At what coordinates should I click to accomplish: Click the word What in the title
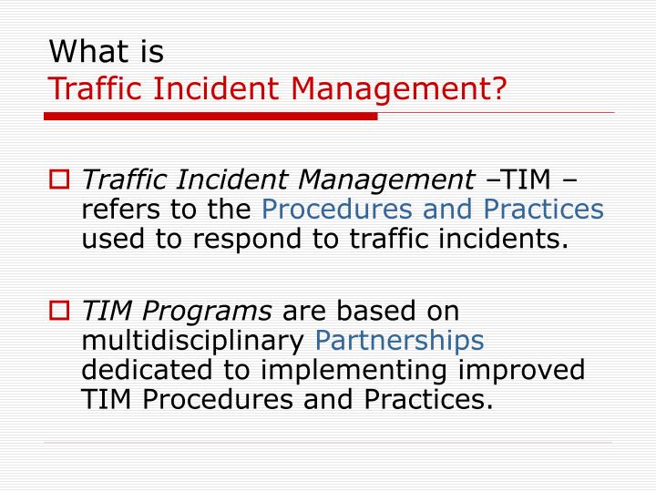(88, 51)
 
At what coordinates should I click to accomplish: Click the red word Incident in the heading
(216, 88)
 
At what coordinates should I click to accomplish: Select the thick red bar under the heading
(210, 117)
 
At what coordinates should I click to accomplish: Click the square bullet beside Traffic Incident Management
(59, 179)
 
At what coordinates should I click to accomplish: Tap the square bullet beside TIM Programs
(59, 311)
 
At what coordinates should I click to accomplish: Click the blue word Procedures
(337, 209)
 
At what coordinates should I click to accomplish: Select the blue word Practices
(543, 209)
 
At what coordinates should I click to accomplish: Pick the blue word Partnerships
(400, 340)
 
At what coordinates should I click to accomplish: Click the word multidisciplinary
(193, 340)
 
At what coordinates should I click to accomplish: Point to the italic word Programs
(207, 312)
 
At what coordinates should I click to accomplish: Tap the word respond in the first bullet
(247, 240)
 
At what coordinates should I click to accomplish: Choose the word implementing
(354, 371)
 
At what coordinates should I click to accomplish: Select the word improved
(522, 371)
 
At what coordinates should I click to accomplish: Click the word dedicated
(147, 370)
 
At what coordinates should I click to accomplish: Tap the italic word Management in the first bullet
(386, 180)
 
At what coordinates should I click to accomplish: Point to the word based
(376, 311)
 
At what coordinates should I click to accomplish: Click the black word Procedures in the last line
(218, 399)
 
